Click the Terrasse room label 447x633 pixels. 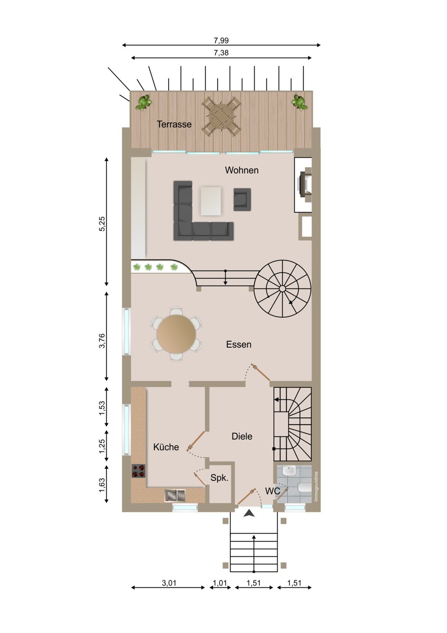coord(174,124)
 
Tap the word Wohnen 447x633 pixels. coord(242,170)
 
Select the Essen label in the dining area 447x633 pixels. coord(239,344)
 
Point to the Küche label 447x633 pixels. coord(166,447)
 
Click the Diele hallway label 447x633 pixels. coord(242,436)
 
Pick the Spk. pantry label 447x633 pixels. coord(219,477)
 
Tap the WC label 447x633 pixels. coord(273,491)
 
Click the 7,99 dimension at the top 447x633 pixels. coord(221,41)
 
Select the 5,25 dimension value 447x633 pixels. coord(102,224)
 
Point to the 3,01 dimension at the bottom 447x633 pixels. coord(169,583)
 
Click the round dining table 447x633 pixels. coord(176,334)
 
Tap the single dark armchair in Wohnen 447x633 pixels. coord(242,199)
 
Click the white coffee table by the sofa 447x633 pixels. coord(211,201)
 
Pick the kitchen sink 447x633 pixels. coord(175,495)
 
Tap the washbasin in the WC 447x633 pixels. coord(288,471)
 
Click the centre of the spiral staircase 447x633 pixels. coord(282,289)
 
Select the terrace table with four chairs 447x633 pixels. coord(221,117)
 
